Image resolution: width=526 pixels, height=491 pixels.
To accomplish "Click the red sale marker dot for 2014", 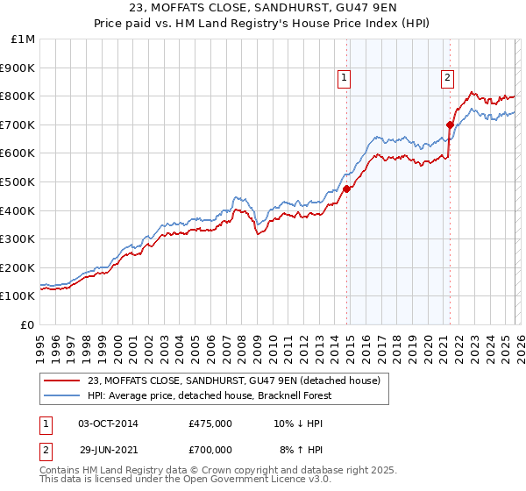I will click(x=346, y=189).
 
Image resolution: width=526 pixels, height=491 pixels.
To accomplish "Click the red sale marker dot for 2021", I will click(x=450, y=125).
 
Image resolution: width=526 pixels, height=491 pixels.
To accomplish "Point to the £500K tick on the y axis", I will click(x=18, y=182).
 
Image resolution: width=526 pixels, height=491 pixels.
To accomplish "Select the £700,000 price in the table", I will click(x=210, y=449).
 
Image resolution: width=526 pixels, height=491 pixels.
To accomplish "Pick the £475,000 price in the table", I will click(x=210, y=423).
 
